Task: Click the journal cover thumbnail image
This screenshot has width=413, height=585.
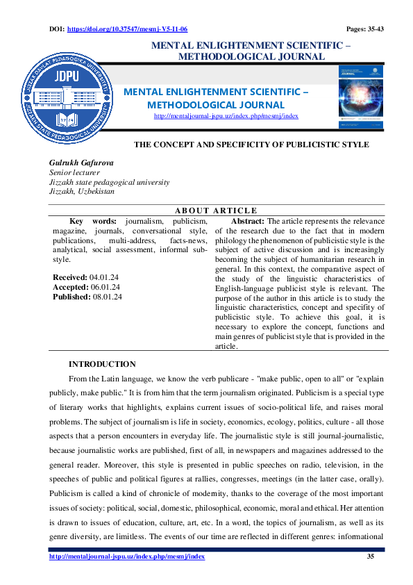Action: coord(360,97)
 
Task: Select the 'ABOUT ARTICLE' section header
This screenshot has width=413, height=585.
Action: coord(215,211)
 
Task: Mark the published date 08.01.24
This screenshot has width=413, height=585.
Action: coord(107,297)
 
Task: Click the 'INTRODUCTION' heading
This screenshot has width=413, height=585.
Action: coord(102,364)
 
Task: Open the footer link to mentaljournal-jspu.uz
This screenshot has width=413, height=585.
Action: coord(127,557)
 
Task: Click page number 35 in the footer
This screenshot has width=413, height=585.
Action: coord(370,557)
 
